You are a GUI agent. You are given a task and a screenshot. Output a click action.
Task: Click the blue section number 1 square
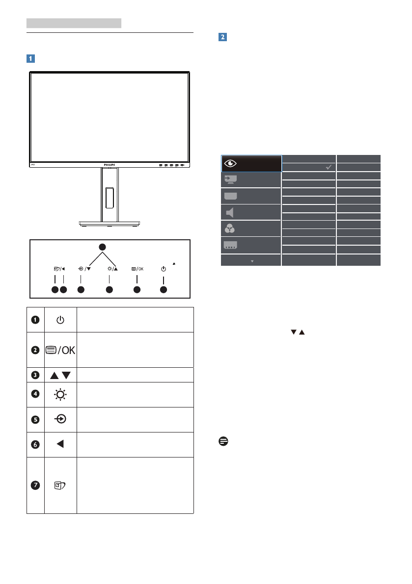31,58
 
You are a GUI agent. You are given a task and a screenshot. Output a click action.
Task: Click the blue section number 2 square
222,37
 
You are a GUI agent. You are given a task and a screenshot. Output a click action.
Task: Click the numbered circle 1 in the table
35,320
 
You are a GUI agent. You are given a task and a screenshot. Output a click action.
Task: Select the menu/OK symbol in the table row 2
60,350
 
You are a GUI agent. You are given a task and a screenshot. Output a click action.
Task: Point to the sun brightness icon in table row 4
60,395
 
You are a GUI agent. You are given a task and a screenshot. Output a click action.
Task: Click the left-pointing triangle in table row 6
60,444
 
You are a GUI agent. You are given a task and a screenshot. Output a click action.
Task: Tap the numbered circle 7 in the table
35,485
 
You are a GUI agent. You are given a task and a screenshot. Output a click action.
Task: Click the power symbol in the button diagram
163,269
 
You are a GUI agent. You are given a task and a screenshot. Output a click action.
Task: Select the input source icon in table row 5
60,419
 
